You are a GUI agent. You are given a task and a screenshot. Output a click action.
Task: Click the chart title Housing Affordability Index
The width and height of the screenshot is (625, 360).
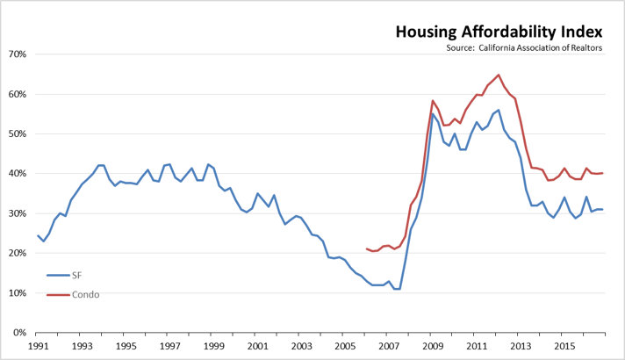point(499,32)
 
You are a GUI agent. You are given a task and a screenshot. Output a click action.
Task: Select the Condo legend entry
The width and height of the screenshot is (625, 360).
point(85,294)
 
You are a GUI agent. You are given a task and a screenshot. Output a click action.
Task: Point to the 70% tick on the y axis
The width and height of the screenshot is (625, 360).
point(18,54)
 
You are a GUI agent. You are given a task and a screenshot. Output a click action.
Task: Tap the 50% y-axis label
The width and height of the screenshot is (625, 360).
point(18,134)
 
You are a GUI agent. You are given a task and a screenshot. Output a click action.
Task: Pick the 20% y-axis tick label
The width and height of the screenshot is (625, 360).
point(18,254)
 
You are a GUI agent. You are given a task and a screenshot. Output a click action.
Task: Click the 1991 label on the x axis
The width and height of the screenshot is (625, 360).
point(38,346)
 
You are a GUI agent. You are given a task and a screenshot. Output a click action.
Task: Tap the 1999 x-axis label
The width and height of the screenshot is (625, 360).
point(212,346)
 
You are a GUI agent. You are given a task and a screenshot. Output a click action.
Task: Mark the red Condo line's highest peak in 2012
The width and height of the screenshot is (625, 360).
point(499,75)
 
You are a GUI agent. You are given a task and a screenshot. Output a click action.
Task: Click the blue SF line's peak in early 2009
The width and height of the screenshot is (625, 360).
point(433,114)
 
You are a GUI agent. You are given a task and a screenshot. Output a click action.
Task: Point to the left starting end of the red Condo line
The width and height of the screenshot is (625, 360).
point(366,248)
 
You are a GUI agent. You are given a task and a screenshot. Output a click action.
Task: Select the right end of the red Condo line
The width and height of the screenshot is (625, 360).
point(602,173)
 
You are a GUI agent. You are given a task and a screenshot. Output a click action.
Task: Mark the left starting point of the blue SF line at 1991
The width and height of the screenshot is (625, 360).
point(38,235)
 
